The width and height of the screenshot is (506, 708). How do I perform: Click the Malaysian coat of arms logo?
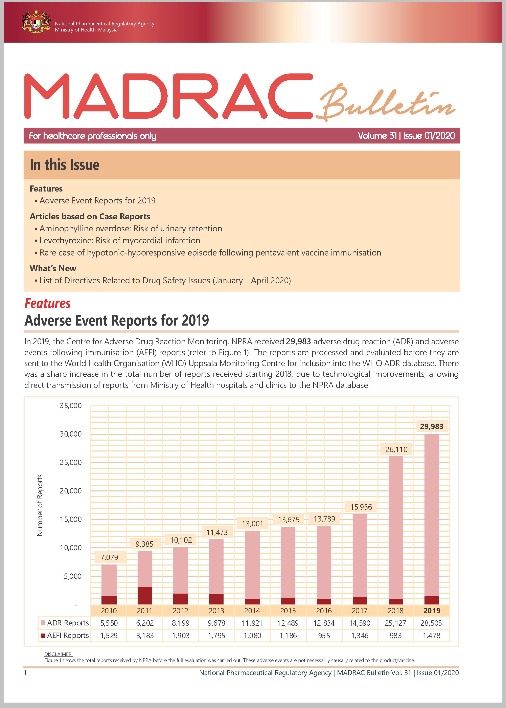click(36, 22)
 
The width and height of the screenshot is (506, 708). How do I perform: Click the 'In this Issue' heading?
click(65, 165)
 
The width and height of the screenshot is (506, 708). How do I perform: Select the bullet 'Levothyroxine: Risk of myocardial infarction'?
click(120, 241)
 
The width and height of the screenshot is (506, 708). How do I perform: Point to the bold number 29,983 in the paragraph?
click(298, 341)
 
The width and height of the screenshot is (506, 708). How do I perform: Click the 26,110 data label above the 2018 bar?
click(396, 449)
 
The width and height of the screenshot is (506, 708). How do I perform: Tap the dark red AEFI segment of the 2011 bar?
click(145, 596)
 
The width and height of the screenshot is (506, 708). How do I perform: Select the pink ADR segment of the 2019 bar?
click(432, 514)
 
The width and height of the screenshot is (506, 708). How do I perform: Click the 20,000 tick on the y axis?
click(71, 491)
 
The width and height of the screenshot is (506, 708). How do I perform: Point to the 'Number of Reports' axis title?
click(40, 505)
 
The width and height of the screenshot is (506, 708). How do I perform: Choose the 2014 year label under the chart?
click(252, 611)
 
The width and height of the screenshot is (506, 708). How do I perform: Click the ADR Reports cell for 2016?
click(324, 623)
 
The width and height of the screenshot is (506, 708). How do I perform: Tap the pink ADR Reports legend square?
click(43, 623)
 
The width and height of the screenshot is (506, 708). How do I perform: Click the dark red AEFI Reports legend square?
click(43, 636)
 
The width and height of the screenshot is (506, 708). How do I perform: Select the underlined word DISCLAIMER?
click(58, 654)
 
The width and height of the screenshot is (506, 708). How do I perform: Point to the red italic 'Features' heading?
click(48, 303)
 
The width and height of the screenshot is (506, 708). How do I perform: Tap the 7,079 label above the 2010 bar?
click(109, 557)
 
